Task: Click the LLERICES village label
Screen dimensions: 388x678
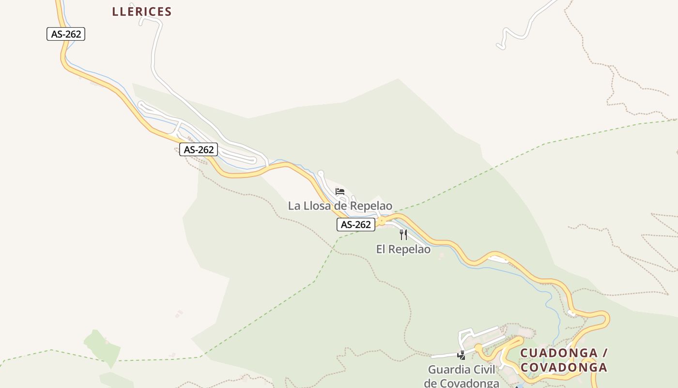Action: pyautogui.click(x=142, y=12)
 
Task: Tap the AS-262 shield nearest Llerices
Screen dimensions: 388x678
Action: pyautogui.click(x=66, y=34)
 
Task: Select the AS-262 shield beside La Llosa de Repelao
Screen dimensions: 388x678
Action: pyautogui.click(x=356, y=225)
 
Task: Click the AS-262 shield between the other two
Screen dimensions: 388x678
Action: pyautogui.click(x=199, y=149)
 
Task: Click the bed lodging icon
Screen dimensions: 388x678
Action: pyautogui.click(x=340, y=192)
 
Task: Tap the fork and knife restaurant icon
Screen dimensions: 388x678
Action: pyautogui.click(x=403, y=235)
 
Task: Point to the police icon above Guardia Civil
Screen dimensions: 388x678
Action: pyautogui.click(x=461, y=356)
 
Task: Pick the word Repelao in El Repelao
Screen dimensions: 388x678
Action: pyautogui.click(x=410, y=249)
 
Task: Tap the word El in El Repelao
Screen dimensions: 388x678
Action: pyautogui.click(x=381, y=249)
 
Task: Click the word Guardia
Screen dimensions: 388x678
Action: pyautogui.click(x=449, y=370)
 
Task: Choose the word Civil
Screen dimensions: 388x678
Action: pyautogui.click(x=484, y=370)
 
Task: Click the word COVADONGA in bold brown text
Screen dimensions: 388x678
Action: pyautogui.click(x=564, y=367)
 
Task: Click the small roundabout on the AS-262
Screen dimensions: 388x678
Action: pyautogui.click(x=382, y=221)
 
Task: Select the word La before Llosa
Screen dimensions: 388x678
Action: pyautogui.click(x=294, y=206)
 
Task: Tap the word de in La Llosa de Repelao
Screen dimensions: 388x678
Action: pyautogui.click(x=341, y=206)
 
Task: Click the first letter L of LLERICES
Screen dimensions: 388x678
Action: pyautogui.click(x=116, y=12)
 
